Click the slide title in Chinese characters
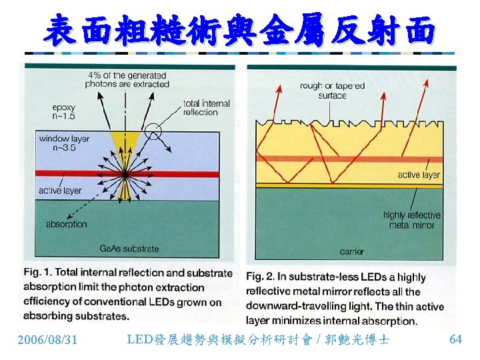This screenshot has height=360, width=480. pos(240,29)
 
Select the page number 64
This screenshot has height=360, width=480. pos(455,339)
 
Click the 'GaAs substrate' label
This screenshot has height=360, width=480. pos(129,249)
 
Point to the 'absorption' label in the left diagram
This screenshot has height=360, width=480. pos(67,224)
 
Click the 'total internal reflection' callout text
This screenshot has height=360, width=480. pos(206,108)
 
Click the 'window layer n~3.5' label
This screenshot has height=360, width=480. pos(64,143)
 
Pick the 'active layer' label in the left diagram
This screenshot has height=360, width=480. pos(60,191)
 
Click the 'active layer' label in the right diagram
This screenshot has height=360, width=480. pos(419,175)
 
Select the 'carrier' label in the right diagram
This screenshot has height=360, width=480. pos(351,252)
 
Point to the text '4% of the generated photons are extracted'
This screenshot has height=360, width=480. pos(127,79)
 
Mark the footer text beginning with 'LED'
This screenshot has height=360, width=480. pos(258,340)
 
